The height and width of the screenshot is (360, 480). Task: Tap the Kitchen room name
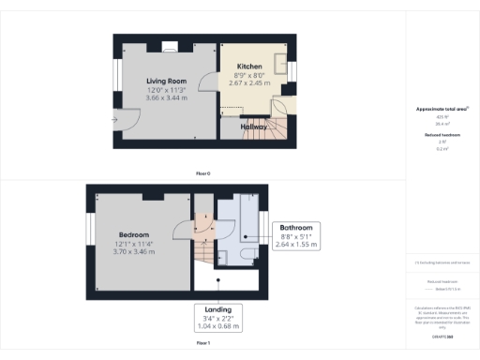pos(248,67)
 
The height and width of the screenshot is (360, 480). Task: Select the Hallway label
pos(253,126)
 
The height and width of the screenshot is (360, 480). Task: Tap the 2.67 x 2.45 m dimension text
pos(248,82)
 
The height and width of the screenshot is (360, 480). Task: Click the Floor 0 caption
pos(202,173)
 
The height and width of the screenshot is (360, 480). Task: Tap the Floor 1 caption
pos(202,344)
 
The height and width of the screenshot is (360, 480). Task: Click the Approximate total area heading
pos(442,110)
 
